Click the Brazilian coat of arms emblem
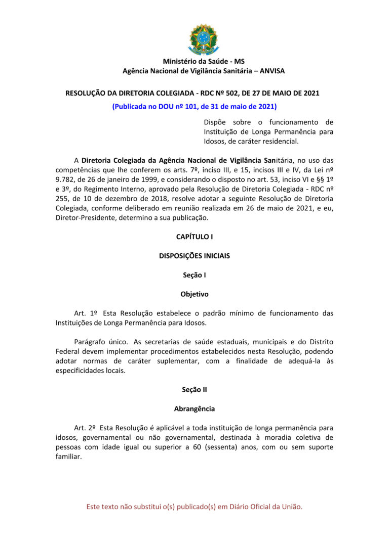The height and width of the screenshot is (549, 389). click(x=204, y=39)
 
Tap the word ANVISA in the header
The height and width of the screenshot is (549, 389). click(x=272, y=71)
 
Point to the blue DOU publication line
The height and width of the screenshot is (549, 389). click(x=194, y=107)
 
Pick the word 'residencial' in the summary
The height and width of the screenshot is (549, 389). click(x=281, y=141)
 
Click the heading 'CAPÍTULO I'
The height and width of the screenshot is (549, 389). click(x=194, y=237)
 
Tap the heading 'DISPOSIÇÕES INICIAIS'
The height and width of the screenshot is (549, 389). click(x=194, y=256)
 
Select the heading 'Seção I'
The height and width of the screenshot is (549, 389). click(x=194, y=275)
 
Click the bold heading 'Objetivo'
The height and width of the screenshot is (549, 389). click(x=194, y=294)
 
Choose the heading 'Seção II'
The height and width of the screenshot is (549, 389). click(x=194, y=390)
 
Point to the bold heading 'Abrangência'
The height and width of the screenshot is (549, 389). click(x=194, y=409)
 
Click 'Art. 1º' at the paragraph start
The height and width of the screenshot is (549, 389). click(x=86, y=313)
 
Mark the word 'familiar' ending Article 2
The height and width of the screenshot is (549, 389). click(x=68, y=456)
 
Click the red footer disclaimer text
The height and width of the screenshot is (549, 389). click(x=194, y=507)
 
